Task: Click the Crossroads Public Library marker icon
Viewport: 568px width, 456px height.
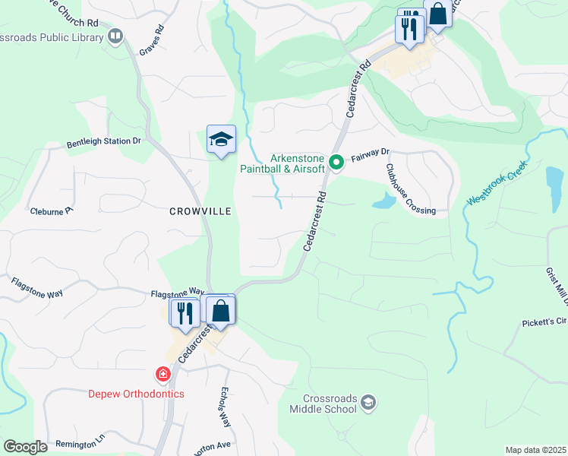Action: (x=115, y=36)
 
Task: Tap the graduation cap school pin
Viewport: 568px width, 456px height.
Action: (x=221, y=140)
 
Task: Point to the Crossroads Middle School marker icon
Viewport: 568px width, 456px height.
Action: (x=368, y=401)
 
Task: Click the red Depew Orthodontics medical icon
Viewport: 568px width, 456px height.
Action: (x=162, y=375)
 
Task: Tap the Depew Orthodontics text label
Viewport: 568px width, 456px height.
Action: (x=136, y=393)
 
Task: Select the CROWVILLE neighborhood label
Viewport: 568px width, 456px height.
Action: (x=200, y=212)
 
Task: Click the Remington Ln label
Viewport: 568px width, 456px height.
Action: (x=80, y=440)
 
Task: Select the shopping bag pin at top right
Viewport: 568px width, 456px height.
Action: (x=437, y=13)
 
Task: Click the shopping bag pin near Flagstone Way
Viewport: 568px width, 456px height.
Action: (x=220, y=310)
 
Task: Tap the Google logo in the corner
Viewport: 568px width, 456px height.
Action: (x=25, y=447)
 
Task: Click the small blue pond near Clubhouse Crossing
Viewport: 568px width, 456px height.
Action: (x=383, y=201)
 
